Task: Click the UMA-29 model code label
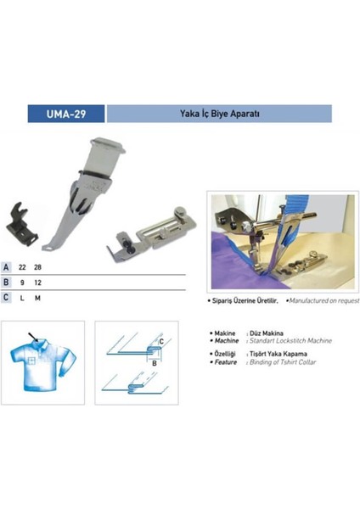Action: click(66, 114)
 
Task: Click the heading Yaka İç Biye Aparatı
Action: click(217, 114)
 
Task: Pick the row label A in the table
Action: click(7, 267)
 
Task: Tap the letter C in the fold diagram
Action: click(160, 341)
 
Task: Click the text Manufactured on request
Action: click(323, 301)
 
